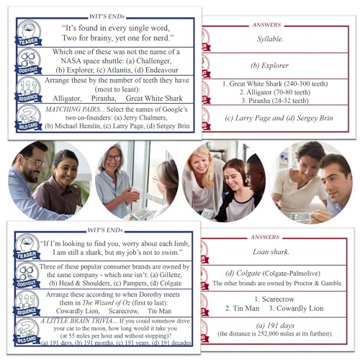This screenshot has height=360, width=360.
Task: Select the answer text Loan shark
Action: point(270,253)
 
